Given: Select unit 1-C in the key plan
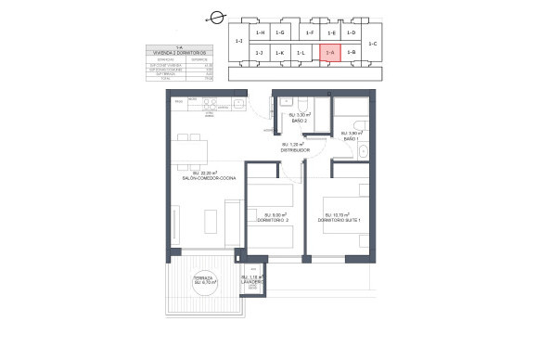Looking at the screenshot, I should pos(373,43).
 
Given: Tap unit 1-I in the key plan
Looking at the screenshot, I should pos(239,41).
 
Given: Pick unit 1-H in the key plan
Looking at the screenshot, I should pos(261,32).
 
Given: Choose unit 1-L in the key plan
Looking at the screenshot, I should pos(301,54).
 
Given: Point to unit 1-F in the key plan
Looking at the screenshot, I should pos(310,32).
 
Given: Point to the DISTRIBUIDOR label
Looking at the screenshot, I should pos(297,148).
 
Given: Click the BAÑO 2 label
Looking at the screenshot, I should pos(299,120).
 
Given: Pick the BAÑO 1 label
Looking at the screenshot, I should pos(350,136).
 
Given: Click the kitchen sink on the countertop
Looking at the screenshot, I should pos(223,107).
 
